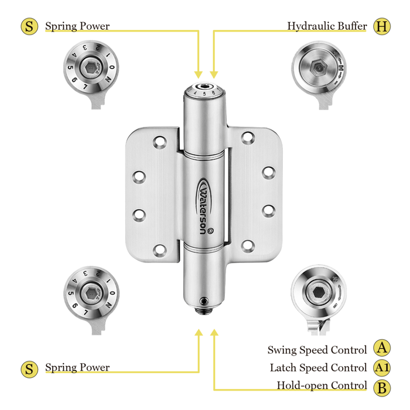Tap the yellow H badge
tap(382, 26)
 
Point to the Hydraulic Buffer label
tap(327, 26)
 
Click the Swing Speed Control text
tap(317, 350)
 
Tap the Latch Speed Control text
tap(318, 368)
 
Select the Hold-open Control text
tap(322, 386)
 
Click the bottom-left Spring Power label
tap(77, 368)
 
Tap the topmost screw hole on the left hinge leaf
tap(158, 142)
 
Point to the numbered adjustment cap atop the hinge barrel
tap(204, 91)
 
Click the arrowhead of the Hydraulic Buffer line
tap(214, 74)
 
